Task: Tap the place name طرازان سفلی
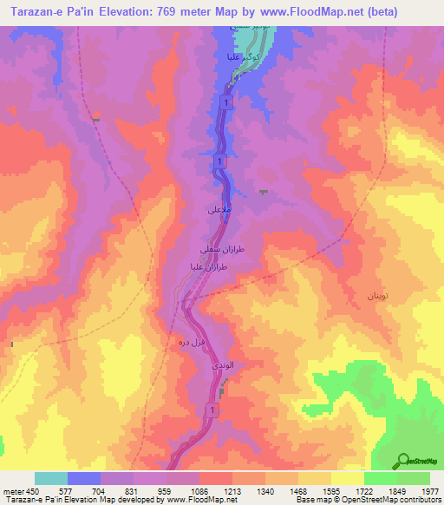[x=217, y=249]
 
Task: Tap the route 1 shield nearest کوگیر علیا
[x=226, y=103]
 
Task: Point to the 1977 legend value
[x=430, y=490]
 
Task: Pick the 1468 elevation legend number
[x=297, y=490]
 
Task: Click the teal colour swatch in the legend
[x=51, y=478]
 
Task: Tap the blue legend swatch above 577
[x=84, y=478]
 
